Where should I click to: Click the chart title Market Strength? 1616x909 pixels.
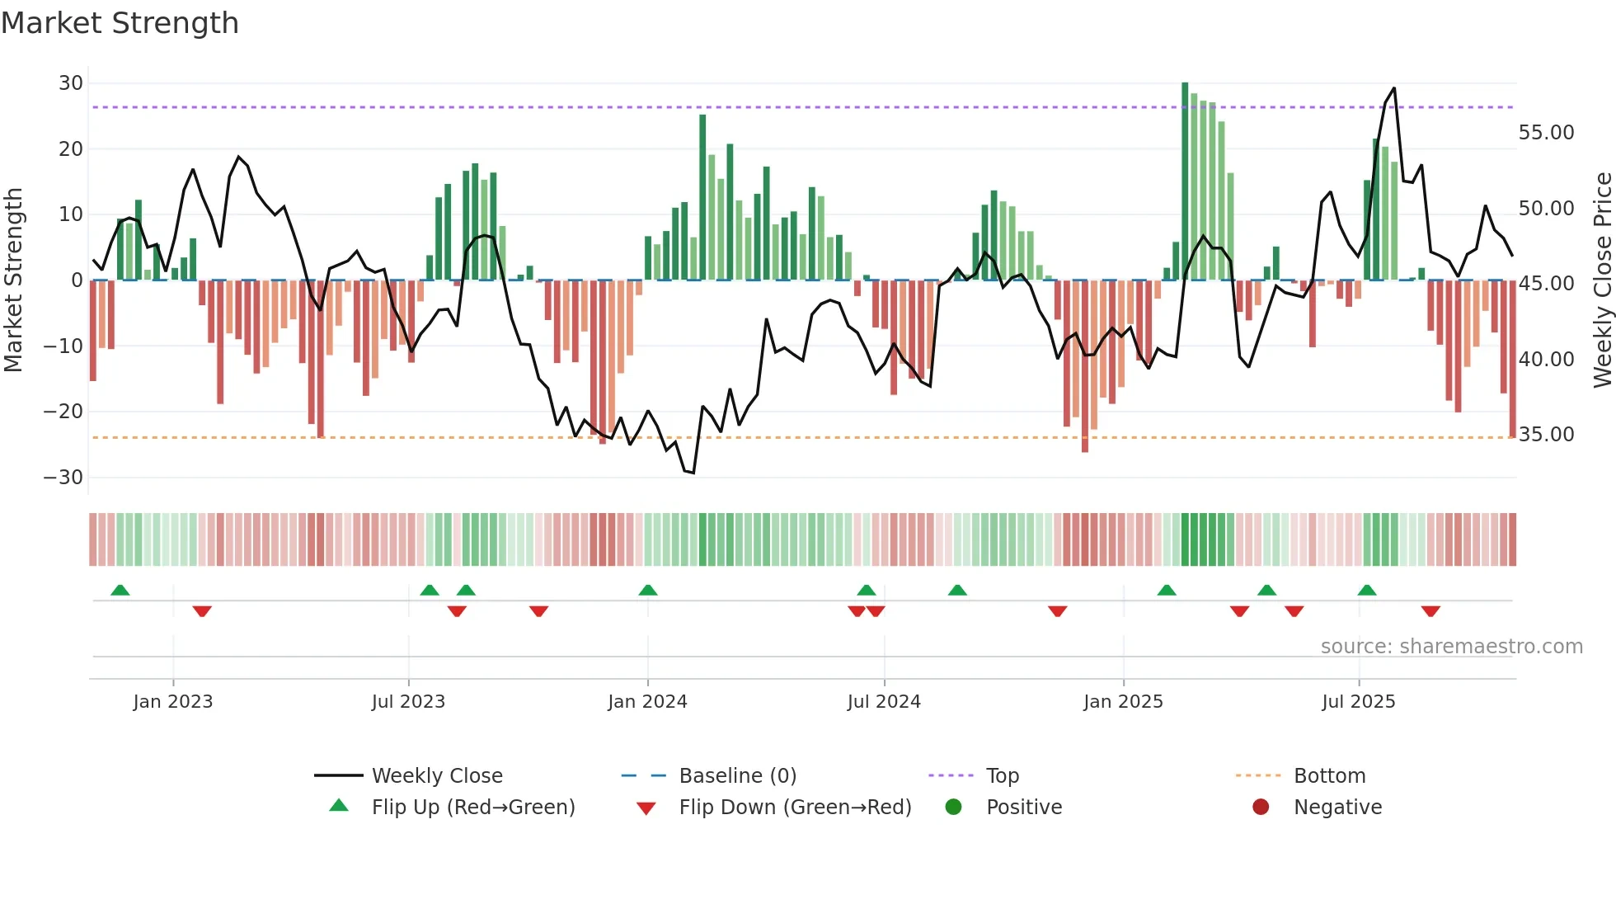point(120,23)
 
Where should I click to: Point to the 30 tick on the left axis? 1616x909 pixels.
point(71,83)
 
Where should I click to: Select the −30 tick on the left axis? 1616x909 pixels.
point(63,478)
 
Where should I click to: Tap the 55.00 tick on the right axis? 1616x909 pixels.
point(1546,133)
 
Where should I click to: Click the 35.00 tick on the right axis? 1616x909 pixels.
point(1546,435)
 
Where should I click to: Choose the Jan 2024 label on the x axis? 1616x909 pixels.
point(647,702)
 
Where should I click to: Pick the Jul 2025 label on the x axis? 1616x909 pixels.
point(1358,702)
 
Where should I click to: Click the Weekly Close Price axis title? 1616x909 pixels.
point(1602,280)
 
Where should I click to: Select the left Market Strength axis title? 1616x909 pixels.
point(14,280)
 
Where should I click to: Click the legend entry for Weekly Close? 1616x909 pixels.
point(436,776)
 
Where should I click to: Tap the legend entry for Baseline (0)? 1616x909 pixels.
point(737,776)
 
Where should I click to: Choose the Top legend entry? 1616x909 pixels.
point(1002,776)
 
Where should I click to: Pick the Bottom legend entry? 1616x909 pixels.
point(1329,776)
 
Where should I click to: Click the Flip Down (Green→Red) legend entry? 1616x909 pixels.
point(794,808)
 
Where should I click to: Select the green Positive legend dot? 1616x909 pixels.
point(954,808)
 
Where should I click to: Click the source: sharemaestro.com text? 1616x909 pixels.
point(1451,647)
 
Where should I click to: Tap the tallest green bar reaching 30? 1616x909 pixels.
point(1185,181)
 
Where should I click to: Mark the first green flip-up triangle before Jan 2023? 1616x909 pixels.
point(120,590)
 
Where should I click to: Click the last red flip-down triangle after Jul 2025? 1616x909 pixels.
point(1430,611)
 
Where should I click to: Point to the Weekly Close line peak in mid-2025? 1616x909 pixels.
point(1394,88)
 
